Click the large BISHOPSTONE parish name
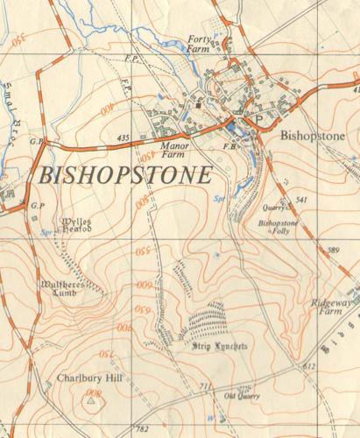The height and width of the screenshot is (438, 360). coord(124,174)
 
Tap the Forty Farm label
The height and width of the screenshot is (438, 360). coord(201,45)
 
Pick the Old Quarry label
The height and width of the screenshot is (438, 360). coord(242,396)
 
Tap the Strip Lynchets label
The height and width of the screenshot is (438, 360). coord(220,348)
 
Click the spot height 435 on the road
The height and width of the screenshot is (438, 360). coord(123,138)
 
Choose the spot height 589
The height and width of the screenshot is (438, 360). coord(332,251)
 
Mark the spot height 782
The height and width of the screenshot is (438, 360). coord(143,429)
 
